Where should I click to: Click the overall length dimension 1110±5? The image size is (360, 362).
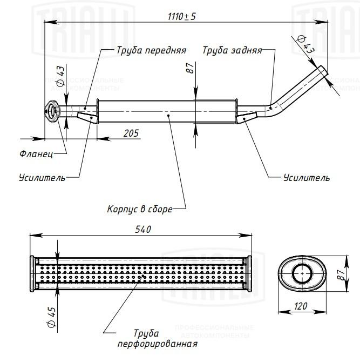coord(181,17)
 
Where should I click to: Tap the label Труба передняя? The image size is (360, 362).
coord(151,50)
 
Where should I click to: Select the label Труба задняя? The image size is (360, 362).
coord(232,50)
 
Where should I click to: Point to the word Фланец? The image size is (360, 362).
coord(36,153)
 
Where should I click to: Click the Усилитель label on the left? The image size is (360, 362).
coord(42,178)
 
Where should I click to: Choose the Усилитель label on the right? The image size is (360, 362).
coord(307,178)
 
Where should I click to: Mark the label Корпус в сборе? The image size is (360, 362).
coord(140,209)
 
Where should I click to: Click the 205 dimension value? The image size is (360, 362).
coord(131,133)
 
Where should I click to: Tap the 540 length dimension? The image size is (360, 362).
coord(143,230)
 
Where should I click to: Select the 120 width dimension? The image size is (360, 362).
coord(301,306)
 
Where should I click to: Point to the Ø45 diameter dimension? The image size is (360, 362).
coord(52,317)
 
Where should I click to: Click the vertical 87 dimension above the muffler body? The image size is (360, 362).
coord(191,68)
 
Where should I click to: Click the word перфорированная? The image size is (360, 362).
coord(158,344)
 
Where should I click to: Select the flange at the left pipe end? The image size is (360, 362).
coord(52,111)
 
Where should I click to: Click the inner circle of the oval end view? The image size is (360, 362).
coord(302,273)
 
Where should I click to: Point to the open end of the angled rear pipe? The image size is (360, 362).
coord(323,71)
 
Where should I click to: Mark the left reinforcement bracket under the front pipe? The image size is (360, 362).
coord(87,118)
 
